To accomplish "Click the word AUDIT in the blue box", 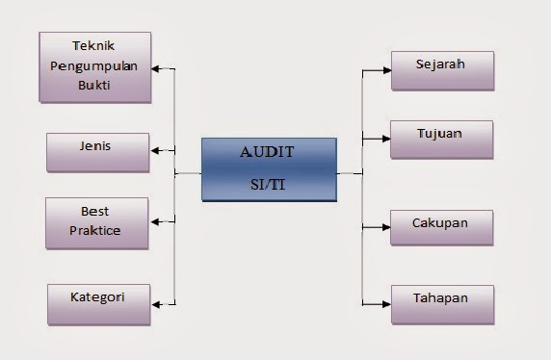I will pos(269,151).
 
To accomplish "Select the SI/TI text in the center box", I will pos(269,185).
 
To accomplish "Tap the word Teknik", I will pos(94,46).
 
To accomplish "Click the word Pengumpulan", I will pos(94,65).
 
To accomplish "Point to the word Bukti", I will pos(94,85).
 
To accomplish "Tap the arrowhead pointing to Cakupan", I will pos(385,227).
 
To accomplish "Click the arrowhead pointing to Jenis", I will pos(155,150).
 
